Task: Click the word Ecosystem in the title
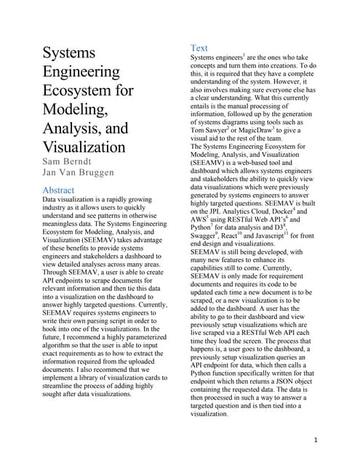tap(88, 91)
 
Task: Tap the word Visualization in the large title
tap(84, 147)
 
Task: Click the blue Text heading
tap(199, 48)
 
